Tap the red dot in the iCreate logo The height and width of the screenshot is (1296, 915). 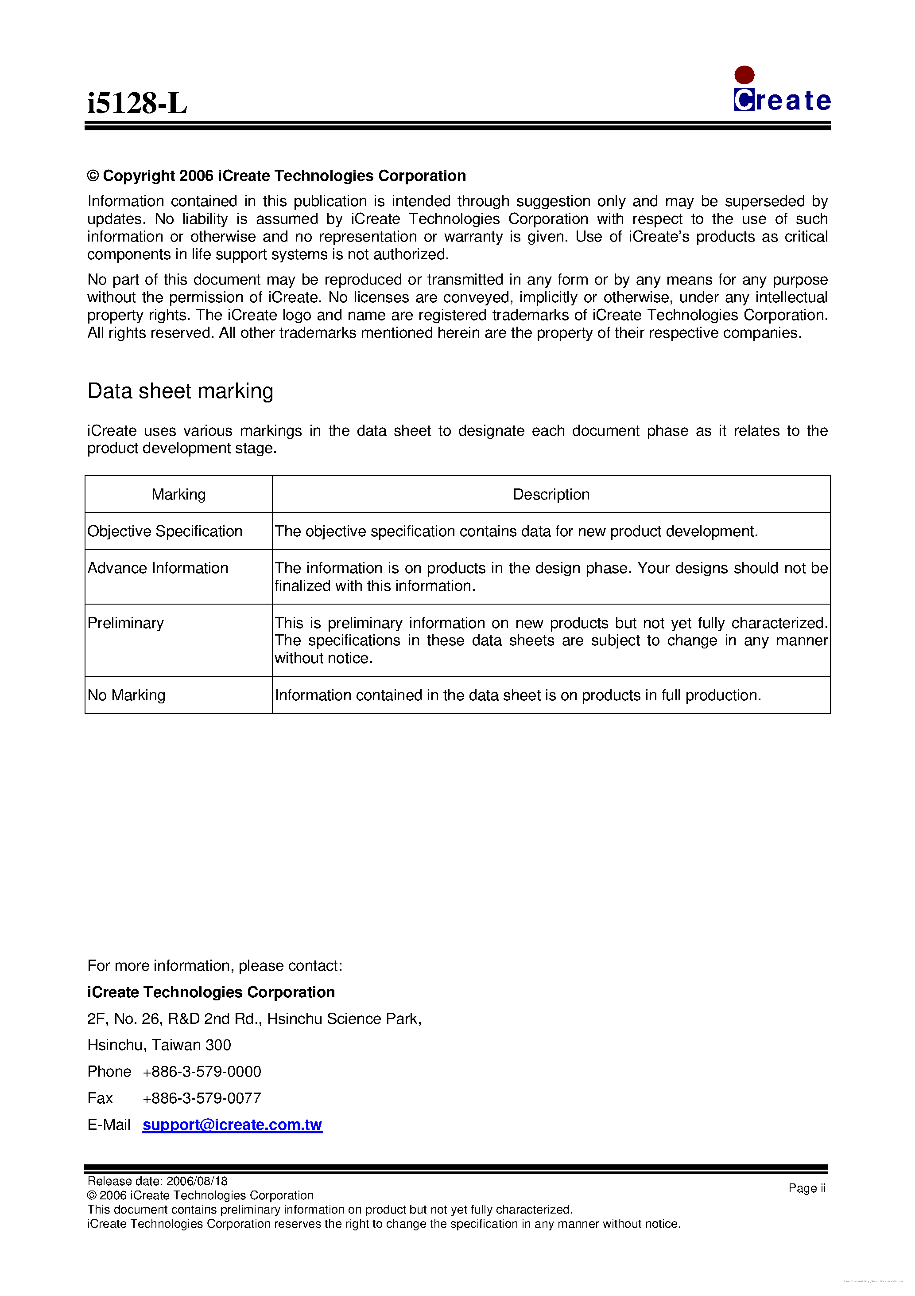tap(744, 74)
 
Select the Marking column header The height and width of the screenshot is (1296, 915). tap(178, 495)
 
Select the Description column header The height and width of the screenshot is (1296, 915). tap(551, 495)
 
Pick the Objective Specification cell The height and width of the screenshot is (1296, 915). tap(165, 531)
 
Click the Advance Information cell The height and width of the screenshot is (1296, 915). tap(158, 568)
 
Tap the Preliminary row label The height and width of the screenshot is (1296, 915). tap(125, 623)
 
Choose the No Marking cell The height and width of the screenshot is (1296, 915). tap(126, 695)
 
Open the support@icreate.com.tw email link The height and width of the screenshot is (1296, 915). tap(232, 1124)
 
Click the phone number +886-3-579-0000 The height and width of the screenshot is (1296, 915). tap(202, 1071)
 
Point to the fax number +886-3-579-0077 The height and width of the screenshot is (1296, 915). tap(202, 1098)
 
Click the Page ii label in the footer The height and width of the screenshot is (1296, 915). tap(806, 1188)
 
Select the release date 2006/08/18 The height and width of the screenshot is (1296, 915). tap(197, 1181)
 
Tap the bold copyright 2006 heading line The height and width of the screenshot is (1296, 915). tap(276, 176)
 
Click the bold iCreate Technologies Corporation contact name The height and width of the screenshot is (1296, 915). tap(211, 992)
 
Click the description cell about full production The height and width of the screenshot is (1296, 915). tap(517, 695)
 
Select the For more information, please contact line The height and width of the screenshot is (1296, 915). tap(214, 965)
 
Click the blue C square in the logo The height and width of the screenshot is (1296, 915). tap(744, 100)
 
